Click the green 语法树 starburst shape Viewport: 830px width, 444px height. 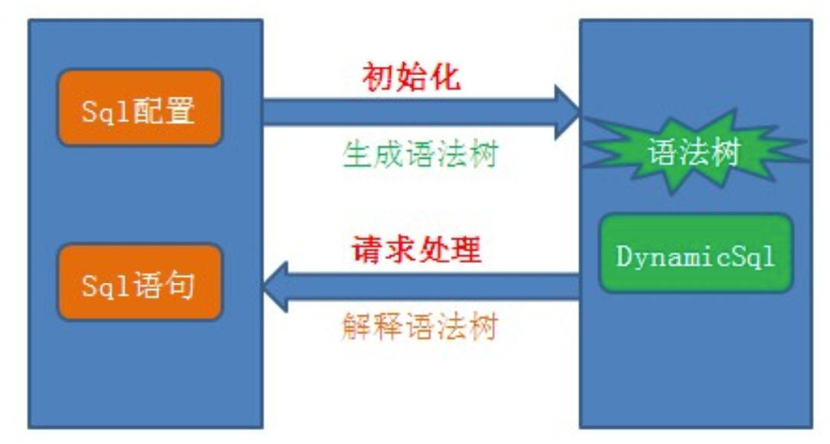(694, 151)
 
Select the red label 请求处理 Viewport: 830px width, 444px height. (416, 250)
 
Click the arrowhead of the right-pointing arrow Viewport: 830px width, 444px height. (568, 113)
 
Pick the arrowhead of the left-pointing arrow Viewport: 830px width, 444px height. (275, 287)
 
